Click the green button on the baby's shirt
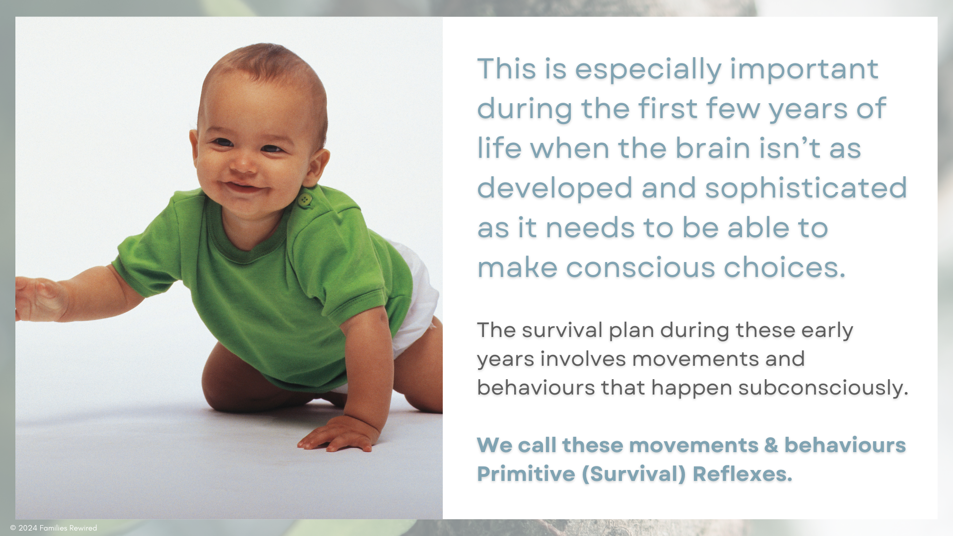pos(305,200)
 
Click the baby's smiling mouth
pos(243,187)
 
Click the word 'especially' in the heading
pos(648,69)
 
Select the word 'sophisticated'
pos(806,188)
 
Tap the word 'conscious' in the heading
pos(641,268)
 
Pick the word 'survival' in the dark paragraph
pos(562,330)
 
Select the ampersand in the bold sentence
pos(771,445)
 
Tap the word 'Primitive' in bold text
pos(526,473)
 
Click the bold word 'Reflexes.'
pos(743,473)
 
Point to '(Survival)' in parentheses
pos(634,474)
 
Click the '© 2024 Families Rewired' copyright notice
pos(54,528)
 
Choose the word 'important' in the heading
pos(804,70)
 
